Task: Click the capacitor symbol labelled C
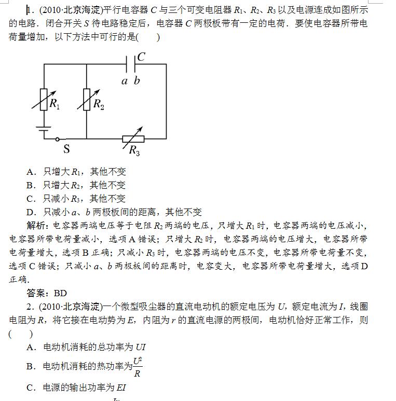point(131,64)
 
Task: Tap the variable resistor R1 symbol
point(43,99)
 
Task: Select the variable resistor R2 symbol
point(87,99)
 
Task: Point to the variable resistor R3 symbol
point(133,139)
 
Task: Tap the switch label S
point(66,149)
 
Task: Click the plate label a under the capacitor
point(125,80)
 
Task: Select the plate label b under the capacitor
point(136,80)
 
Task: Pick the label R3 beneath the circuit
point(134,151)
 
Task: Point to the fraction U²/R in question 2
point(138,366)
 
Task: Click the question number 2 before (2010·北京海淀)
point(30,307)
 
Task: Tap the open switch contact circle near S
point(58,139)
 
